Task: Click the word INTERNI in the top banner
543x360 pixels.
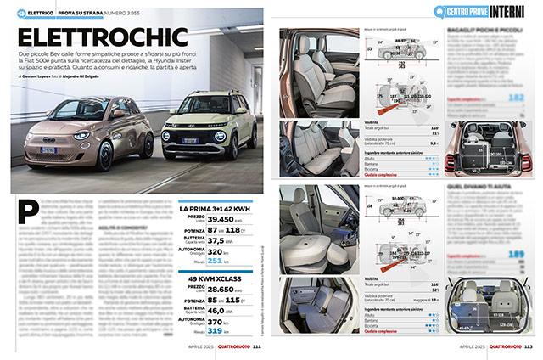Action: pos(511,10)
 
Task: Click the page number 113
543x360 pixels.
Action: pos(528,346)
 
